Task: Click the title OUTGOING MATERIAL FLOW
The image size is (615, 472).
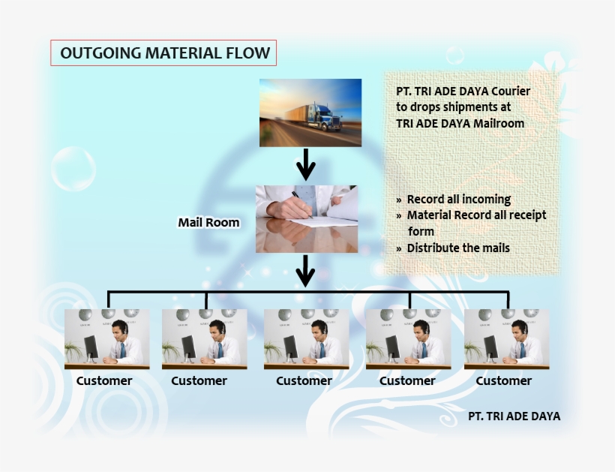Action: coord(165,53)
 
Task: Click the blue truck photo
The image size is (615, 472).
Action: coord(310,113)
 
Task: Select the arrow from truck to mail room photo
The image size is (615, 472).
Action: coord(306,164)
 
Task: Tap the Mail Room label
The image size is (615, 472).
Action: coord(208,222)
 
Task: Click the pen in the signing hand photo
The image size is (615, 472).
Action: coord(302,204)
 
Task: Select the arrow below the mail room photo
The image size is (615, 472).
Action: coord(306,271)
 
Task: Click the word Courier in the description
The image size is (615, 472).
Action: coord(511,92)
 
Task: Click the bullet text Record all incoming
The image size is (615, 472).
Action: coord(459,200)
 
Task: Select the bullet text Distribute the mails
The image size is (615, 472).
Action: coord(458,248)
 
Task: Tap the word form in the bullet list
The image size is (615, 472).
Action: coord(421,231)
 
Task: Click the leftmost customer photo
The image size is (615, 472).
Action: coord(106,339)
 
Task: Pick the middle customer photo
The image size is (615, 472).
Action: coord(306,339)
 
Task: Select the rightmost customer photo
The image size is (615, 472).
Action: coord(507,339)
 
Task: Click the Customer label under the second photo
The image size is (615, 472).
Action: coord(199,380)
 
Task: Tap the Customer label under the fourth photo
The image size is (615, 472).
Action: coord(407,380)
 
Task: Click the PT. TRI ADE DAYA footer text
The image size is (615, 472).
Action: coord(514,416)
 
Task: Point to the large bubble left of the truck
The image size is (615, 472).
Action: coord(73,169)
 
